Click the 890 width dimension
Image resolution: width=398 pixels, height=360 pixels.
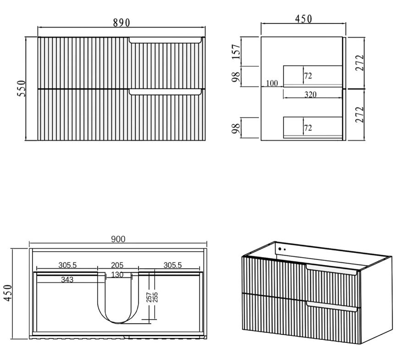click(x=122, y=22)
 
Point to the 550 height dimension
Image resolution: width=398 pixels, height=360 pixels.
click(x=22, y=89)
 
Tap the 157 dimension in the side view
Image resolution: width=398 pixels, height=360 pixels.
click(x=236, y=51)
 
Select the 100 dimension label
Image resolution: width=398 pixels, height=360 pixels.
click(x=272, y=83)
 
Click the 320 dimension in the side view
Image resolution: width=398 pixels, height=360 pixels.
click(x=310, y=94)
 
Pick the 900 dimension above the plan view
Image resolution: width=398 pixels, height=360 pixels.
click(x=118, y=239)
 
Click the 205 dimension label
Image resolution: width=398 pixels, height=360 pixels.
click(x=117, y=265)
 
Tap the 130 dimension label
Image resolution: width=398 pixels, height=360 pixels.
click(x=117, y=274)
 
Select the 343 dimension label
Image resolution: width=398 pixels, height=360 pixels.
click(x=67, y=280)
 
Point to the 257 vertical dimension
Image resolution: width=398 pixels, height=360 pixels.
click(x=149, y=297)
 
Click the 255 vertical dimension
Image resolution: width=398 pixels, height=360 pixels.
click(x=155, y=297)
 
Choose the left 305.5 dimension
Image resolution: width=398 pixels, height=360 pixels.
click(x=67, y=265)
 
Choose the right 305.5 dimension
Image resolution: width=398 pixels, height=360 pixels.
click(x=172, y=265)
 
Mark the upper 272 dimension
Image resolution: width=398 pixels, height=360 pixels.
click(x=359, y=63)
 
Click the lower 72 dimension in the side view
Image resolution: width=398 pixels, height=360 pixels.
click(x=308, y=127)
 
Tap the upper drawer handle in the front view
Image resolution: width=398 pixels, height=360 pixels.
click(x=165, y=40)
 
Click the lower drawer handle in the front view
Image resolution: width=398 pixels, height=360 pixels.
click(x=165, y=92)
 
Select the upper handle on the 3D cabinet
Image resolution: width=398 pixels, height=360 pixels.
click(x=332, y=270)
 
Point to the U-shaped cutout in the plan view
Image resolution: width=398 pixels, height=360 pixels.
click(x=118, y=298)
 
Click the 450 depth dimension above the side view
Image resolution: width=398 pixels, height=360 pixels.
click(x=304, y=19)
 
